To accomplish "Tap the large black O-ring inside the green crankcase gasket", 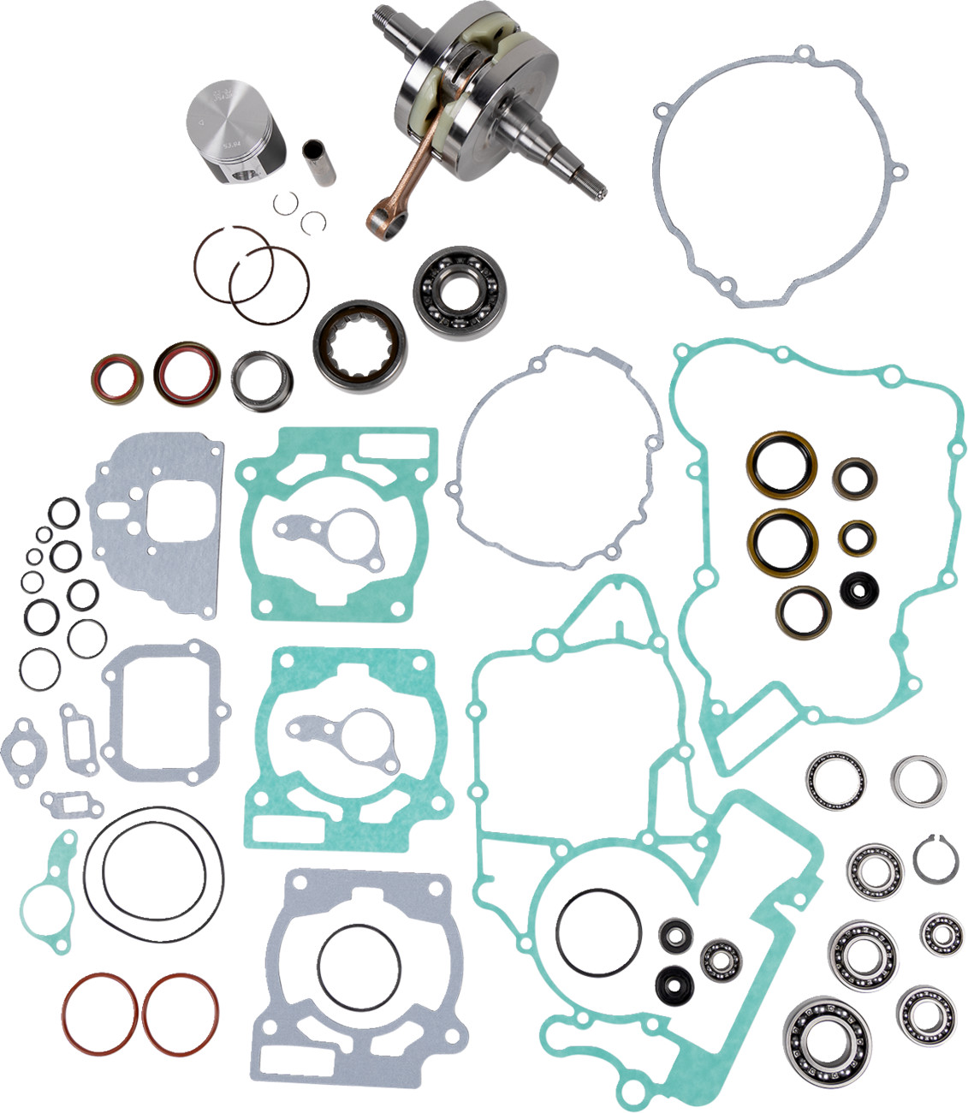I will point(597,929).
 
